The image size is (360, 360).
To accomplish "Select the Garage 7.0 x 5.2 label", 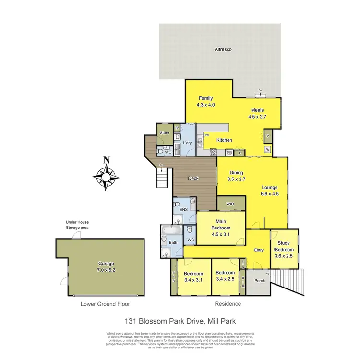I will pyautogui.click(x=99, y=267).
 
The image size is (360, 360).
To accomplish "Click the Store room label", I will pyautogui.click(x=165, y=133).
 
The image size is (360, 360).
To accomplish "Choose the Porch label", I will pyautogui.click(x=260, y=281).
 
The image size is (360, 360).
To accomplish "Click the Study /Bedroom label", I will pyautogui.click(x=284, y=252).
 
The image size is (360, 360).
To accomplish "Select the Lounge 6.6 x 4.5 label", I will pyautogui.click(x=270, y=191).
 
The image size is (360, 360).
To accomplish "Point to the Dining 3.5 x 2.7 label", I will pyautogui.click(x=236, y=176).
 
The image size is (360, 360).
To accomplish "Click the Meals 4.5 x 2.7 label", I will pyautogui.click(x=257, y=113).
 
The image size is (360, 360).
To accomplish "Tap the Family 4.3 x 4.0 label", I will pyautogui.click(x=205, y=101).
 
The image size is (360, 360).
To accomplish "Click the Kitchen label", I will pyautogui.click(x=224, y=140).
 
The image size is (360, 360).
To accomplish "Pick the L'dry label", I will pyautogui.click(x=188, y=143).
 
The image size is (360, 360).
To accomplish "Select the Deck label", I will pyautogui.click(x=193, y=179).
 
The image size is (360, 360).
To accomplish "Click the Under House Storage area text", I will pyautogui.click(x=77, y=225).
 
